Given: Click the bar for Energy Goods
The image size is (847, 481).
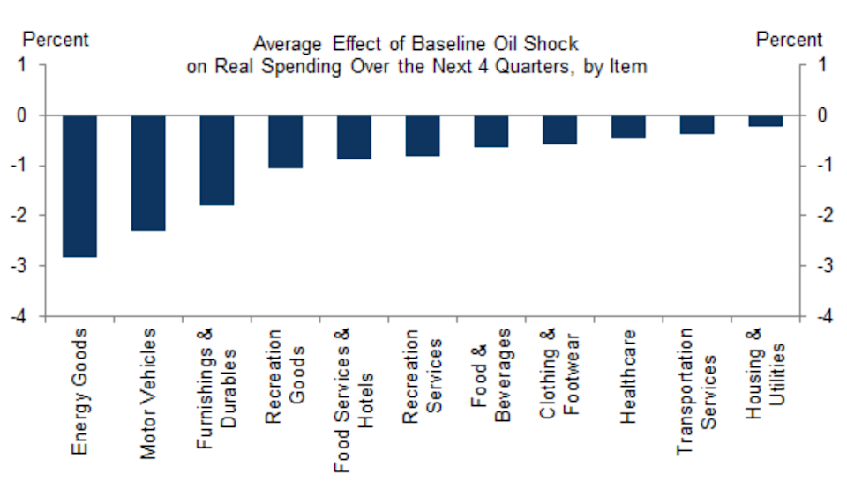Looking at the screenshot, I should pos(79,186).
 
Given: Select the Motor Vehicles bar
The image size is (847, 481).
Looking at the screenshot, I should pos(148,173).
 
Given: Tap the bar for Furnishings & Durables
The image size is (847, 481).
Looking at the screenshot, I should pos(216,160).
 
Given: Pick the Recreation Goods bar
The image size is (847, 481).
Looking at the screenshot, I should pos(285,142).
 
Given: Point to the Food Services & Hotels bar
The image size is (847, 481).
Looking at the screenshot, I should pos(354,137).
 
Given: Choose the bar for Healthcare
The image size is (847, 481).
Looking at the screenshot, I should pos(628,127).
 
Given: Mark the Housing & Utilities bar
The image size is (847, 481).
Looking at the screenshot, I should pos(765,121).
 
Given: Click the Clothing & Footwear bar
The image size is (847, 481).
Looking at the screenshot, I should pos(559,129).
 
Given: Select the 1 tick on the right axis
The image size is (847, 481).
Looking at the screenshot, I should pos(821,65).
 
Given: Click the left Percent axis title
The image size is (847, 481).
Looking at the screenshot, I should pos(55,40).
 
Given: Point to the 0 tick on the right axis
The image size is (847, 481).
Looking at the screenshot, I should pos(821,115).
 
